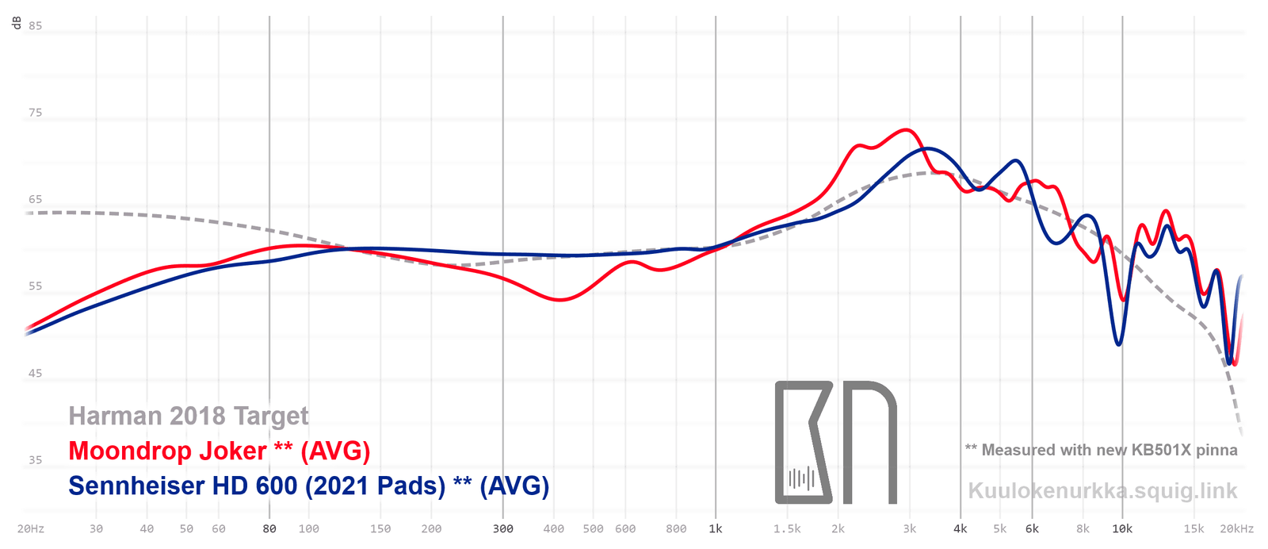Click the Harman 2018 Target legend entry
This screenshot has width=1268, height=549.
[x=189, y=416]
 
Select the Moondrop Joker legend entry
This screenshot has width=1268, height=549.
[x=220, y=451]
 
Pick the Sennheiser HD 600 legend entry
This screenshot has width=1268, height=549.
[x=308, y=486]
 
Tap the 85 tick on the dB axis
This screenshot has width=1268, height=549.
[x=36, y=25]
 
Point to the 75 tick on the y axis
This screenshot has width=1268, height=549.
[x=36, y=113]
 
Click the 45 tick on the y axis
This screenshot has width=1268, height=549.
[x=36, y=374]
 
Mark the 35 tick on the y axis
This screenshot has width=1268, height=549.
[x=36, y=460]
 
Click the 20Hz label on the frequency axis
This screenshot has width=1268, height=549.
[x=31, y=529]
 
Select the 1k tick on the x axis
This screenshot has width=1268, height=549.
[x=716, y=529]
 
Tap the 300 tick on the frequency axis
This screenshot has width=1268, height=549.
[x=503, y=529]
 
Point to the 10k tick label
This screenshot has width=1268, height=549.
[x=1122, y=529]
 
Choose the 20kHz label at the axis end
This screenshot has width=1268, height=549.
[x=1237, y=529]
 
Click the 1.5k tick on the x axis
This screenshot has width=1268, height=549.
[x=788, y=529]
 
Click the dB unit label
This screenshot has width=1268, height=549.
[x=17, y=22]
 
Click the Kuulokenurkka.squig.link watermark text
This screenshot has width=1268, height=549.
[x=1102, y=491]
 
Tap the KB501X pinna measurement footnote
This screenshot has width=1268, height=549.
[x=1101, y=450]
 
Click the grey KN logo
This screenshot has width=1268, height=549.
[x=835, y=442]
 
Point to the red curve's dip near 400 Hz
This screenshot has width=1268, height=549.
[x=560, y=300]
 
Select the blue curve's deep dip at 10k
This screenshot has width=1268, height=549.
[x=1119, y=344]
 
